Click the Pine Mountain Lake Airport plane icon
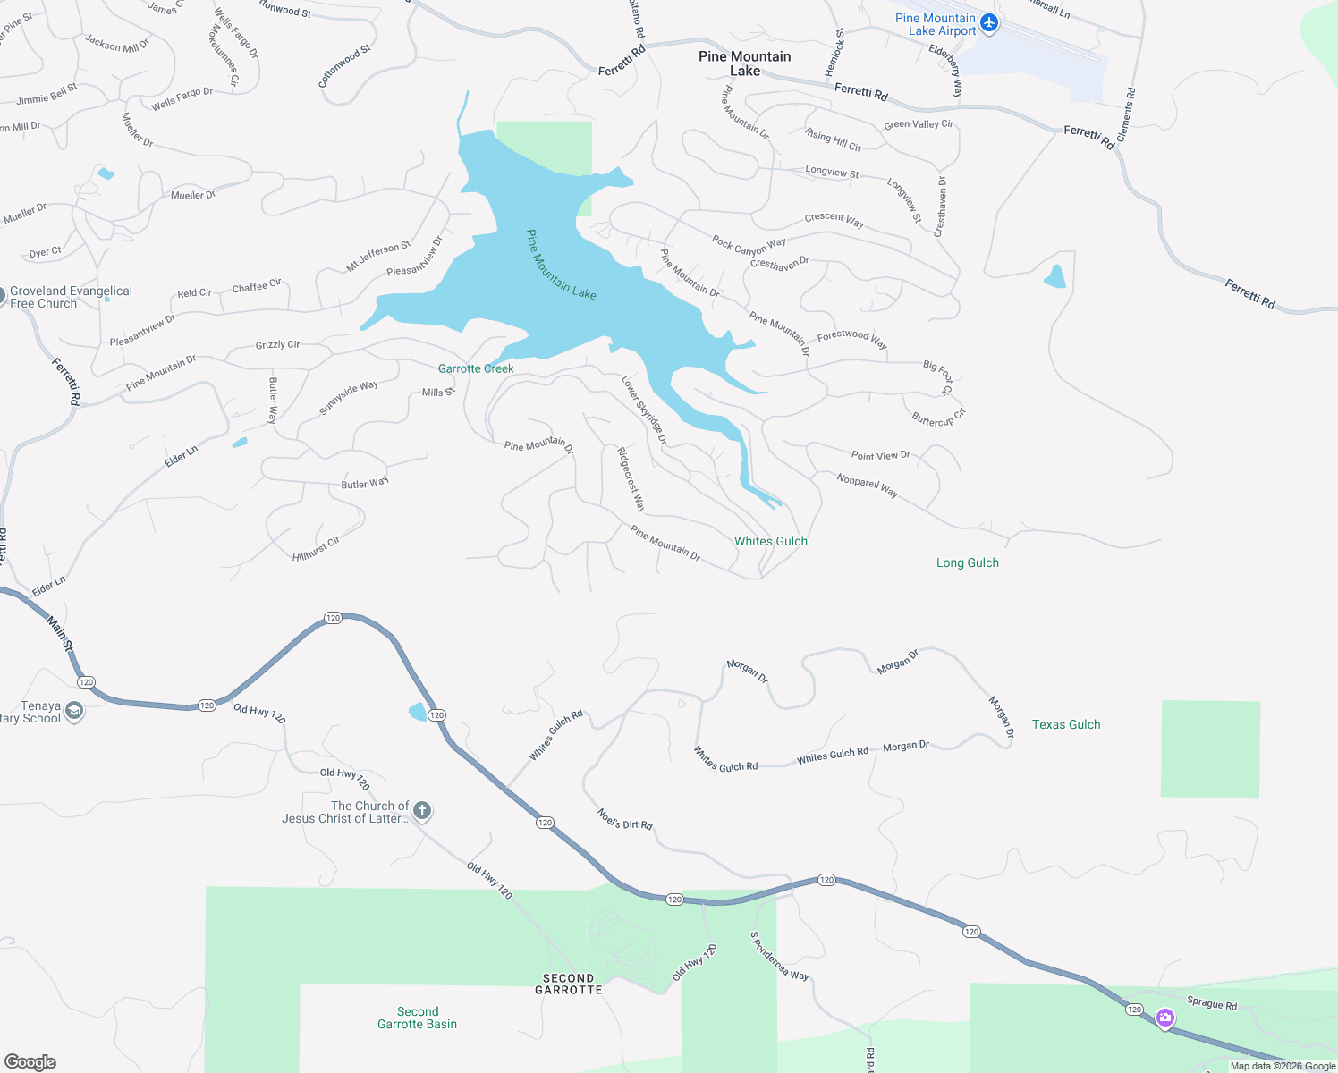[988, 23]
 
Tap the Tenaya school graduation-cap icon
[74, 712]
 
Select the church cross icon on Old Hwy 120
[422, 811]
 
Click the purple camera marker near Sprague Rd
[1164, 1018]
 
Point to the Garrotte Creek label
[476, 368]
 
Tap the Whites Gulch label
[770, 541]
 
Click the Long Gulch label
[967, 562]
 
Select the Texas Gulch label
[1066, 724]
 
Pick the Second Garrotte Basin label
[417, 1018]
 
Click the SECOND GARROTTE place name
[569, 984]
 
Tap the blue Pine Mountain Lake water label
[560, 266]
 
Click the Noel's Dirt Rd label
[625, 819]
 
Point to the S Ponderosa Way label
[778, 956]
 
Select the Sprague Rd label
[1212, 1003]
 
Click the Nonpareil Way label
[867, 485]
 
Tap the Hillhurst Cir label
[316, 549]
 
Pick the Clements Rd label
[1126, 114]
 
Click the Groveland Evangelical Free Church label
[71, 297]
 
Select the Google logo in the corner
[30, 1062]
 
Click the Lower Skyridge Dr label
[644, 410]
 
